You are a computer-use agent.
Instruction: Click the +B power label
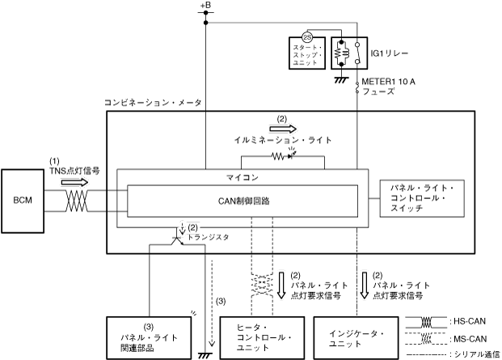pyautogui.click(x=205, y=7)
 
